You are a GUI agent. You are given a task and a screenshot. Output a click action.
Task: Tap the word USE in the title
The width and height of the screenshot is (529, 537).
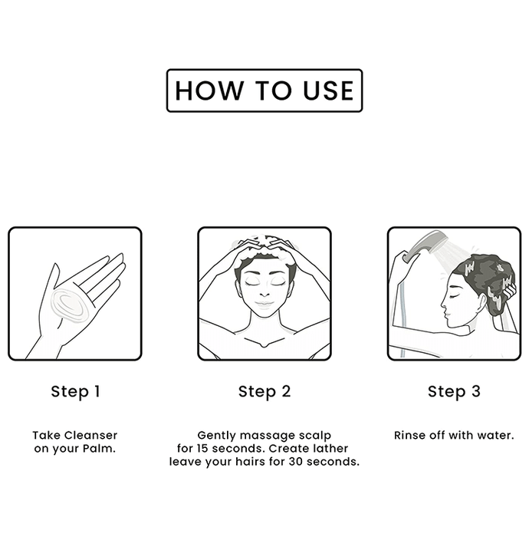point(328,91)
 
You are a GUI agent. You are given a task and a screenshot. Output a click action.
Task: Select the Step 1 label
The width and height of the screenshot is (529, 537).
point(75,391)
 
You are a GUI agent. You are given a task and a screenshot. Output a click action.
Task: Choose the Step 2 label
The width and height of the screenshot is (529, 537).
point(264,391)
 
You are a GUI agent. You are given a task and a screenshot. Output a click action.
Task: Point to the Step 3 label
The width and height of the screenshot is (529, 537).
point(454,391)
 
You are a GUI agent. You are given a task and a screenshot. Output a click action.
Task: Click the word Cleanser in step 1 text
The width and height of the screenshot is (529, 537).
point(90,435)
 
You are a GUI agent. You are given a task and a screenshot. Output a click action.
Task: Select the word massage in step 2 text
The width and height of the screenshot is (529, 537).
point(266,436)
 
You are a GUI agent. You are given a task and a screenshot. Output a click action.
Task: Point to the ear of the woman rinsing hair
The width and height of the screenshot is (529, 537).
point(481,301)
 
